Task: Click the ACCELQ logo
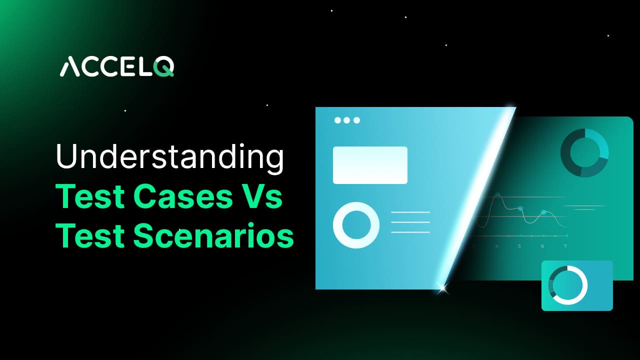pyautogui.click(x=116, y=67)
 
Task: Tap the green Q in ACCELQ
pyautogui.click(x=164, y=67)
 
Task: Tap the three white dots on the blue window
pyautogui.click(x=347, y=120)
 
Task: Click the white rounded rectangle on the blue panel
pyautogui.click(x=370, y=165)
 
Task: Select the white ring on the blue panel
pyautogui.click(x=356, y=225)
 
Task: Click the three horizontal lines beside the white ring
pyautogui.click(x=410, y=222)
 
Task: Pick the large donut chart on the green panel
pyautogui.click(x=584, y=153)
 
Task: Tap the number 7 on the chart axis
pyautogui.click(x=565, y=246)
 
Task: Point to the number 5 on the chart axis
pyautogui.click(x=519, y=246)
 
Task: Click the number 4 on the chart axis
pyautogui.click(x=496, y=246)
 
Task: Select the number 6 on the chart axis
pyautogui.click(x=542, y=246)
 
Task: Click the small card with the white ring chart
pyautogui.click(x=577, y=285)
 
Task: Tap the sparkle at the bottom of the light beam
pyautogui.click(x=441, y=287)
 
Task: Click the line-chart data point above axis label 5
pyautogui.click(x=520, y=208)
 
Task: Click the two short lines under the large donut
pyautogui.click(x=584, y=207)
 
